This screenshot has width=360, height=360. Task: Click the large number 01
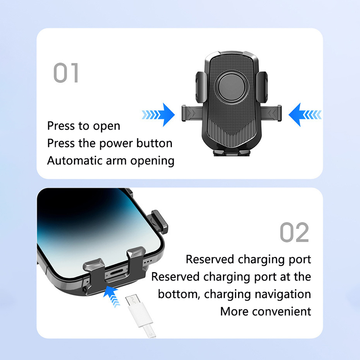66,72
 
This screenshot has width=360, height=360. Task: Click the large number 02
294,232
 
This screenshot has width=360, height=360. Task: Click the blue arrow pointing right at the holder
158,115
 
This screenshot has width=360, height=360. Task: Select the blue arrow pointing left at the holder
305,115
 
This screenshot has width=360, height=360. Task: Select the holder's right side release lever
270,113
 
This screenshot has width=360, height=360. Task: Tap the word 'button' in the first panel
154,143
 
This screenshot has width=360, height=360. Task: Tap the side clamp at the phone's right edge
159,222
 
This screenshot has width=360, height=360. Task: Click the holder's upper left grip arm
201,87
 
